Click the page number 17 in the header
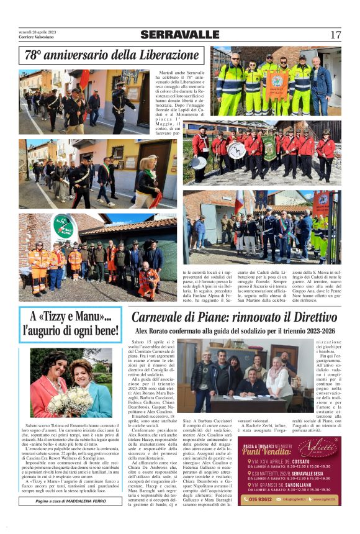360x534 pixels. click(335, 35)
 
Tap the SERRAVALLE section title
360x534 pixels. click(179, 35)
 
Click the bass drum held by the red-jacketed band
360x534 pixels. click(236, 150)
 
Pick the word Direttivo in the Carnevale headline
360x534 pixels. click(307, 317)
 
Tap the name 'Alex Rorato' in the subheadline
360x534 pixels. click(153, 331)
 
